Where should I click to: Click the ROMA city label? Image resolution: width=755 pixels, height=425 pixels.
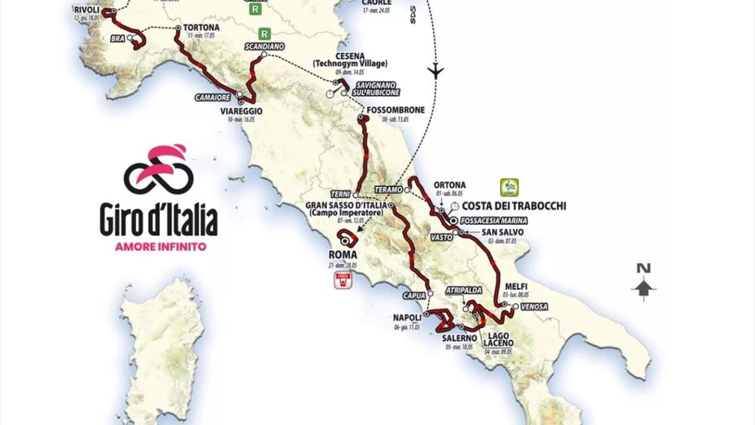coord(343,254)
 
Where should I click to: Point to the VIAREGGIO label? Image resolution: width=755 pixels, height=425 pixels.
coord(241,111)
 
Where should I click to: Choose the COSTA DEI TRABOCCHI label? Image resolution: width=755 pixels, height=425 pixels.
coord(513,206)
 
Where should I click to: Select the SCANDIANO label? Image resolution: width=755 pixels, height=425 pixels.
coord(265,47)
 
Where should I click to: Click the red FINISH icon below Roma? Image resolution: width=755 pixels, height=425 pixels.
coord(342,280)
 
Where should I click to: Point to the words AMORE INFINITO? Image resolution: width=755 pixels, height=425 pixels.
coord(160,246)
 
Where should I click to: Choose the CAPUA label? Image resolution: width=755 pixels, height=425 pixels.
coord(413,293)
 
